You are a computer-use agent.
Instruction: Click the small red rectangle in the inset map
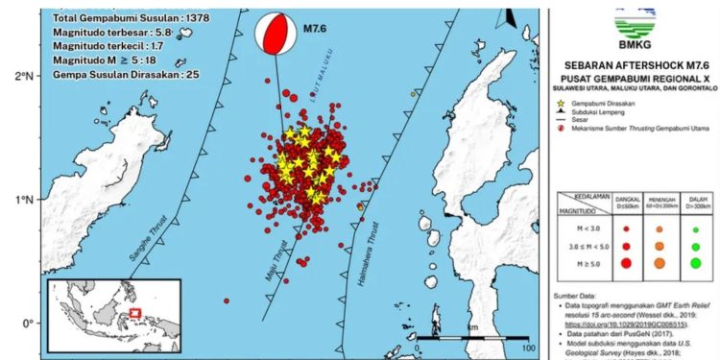pyautogui.click(x=135, y=313)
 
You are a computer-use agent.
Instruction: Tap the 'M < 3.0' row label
pyautogui.click(x=580, y=229)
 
